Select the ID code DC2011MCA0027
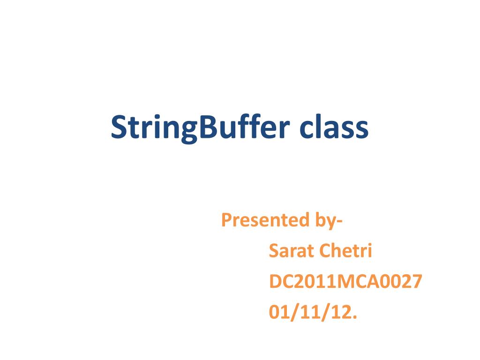tap(345, 282)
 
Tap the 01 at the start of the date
tap(277, 313)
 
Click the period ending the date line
tap(354, 318)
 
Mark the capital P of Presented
tap(225, 220)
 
